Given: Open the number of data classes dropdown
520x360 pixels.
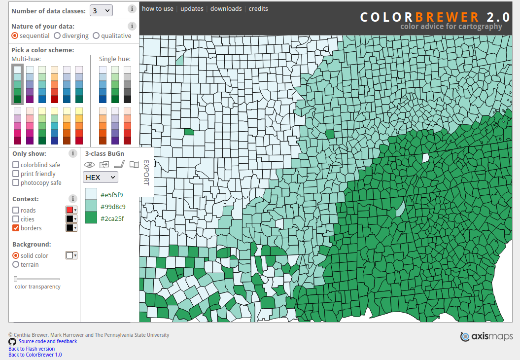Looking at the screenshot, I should pyautogui.click(x=101, y=10).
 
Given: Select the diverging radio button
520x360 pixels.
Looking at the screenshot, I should pyautogui.click(x=57, y=36).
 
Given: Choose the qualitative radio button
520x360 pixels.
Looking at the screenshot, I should pyautogui.click(x=97, y=36).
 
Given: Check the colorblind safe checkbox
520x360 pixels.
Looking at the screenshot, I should pyautogui.click(x=16, y=165).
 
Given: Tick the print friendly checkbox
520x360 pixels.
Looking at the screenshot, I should pyautogui.click(x=16, y=174).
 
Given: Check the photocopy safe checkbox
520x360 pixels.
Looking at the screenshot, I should pyautogui.click(x=16, y=182).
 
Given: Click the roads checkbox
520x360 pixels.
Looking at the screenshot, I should pyautogui.click(x=16, y=210).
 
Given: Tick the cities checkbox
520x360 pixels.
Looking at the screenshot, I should pyautogui.click(x=16, y=219).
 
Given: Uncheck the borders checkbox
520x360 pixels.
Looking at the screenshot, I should pyautogui.click(x=16, y=228).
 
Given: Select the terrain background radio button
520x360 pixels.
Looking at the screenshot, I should pyautogui.click(x=16, y=264).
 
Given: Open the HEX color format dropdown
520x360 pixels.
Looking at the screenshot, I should pyautogui.click(x=100, y=177).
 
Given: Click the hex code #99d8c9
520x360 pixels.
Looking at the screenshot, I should pyautogui.click(x=113, y=207).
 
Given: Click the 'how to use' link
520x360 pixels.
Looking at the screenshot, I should pyautogui.click(x=158, y=8).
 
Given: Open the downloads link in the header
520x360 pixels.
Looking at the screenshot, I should pyautogui.click(x=226, y=8).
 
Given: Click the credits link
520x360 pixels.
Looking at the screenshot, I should pyautogui.click(x=258, y=8).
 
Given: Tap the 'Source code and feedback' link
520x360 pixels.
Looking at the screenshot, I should pyautogui.click(x=48, y=341).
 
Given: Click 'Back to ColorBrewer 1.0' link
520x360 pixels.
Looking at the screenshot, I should pyautogui.click(x=35, y=355).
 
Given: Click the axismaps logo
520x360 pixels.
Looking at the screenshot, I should pyautogui.click(x=486, y=336).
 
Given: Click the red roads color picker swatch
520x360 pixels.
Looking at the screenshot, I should pyautogui.click(x=69, y=210).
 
